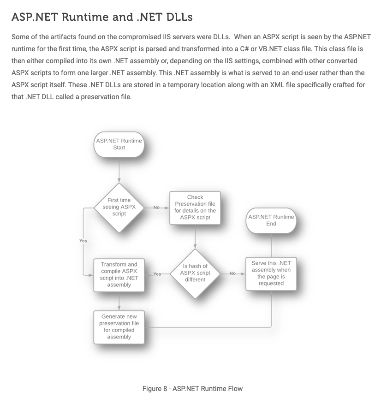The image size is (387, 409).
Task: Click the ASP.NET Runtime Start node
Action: [119, 144]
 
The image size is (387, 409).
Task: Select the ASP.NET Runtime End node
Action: [271, 220]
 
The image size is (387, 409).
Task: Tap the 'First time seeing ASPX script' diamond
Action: [119, 207]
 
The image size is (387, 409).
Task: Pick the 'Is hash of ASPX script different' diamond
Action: [195, 273]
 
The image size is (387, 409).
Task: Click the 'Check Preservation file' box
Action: [195, 207]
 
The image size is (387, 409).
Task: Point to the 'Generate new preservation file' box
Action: [119, 327]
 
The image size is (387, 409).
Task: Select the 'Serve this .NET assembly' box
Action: [271, 273]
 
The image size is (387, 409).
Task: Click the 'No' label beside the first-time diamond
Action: [156, 207]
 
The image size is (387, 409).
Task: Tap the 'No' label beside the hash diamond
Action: [232, 273]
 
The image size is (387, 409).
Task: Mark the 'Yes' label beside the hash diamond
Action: [157, 274]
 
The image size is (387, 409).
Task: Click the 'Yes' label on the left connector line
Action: [83, 241]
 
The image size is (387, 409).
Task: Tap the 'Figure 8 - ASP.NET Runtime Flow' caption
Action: [192, 389]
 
